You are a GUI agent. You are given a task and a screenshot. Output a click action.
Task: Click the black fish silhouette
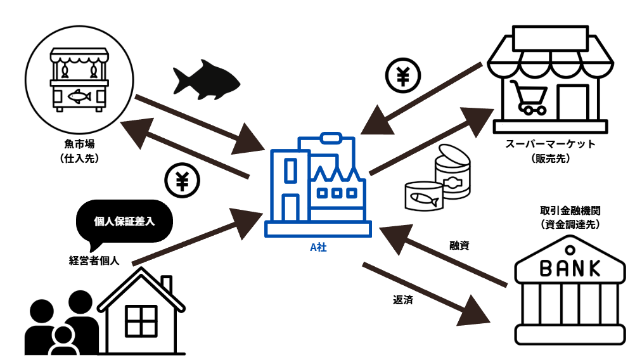point(206,79)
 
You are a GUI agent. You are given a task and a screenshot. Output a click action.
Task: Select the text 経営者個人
point(94,259)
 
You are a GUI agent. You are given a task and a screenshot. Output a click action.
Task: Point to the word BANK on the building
point(570,268)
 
